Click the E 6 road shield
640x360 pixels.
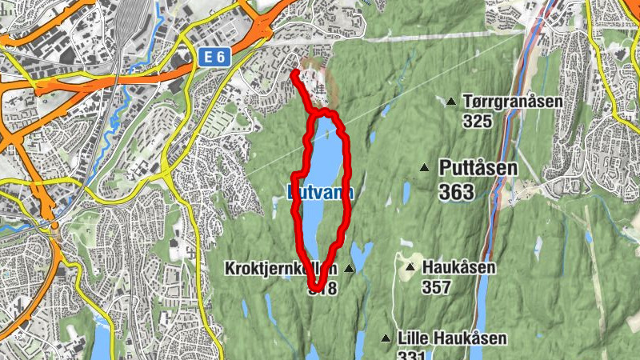point(207,57)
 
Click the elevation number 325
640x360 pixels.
point(477,122)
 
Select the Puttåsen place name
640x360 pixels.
point(478,168)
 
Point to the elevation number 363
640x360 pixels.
point(457,192)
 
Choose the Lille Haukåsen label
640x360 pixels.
point(452,339)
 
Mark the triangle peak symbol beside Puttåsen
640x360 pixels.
point(425,167)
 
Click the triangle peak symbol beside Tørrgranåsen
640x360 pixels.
point(451,102)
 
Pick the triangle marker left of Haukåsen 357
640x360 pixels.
point(410,267)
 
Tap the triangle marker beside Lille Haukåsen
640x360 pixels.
point(386,338)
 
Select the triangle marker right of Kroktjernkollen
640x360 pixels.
point(350,270)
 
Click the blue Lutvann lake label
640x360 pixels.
point(320,193)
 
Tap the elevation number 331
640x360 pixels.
point(411,356)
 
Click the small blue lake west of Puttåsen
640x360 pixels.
point(406,192)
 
